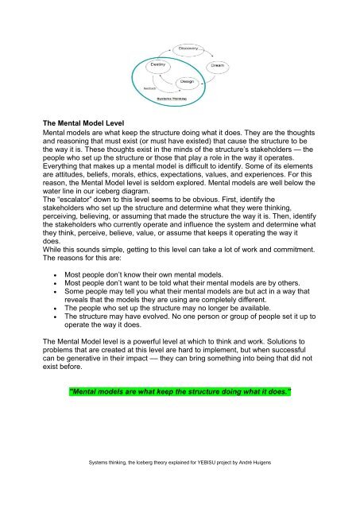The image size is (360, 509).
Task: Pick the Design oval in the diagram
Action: (x=188, y=81)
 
